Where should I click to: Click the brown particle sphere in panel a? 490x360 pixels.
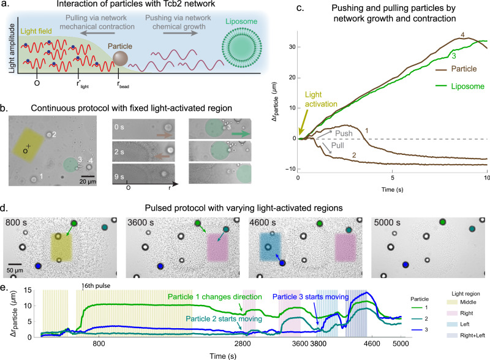pyautogui.click(x=120, y=58)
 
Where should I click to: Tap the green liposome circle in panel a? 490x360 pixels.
pyautogui.click(x=241, y=48)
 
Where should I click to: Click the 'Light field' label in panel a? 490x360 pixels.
pyautogui.click(x=36, y=31)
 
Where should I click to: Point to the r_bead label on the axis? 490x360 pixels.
pyautogui.click(x=123, y=84)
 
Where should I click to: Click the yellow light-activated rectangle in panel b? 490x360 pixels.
pyautogui.click(x=28, y=144)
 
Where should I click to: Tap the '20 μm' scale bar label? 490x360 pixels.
pyautogui.click(x=88, y=182)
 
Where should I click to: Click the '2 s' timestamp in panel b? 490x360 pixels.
pyautogui.click(x=119, y=152)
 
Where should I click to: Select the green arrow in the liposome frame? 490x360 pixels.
pyautogui.click(x=241, y=133)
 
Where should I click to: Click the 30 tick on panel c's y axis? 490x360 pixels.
pyautogui.click(x=292, y=47)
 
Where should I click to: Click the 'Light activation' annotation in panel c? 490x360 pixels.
pyautogui.click(x=321, y=99)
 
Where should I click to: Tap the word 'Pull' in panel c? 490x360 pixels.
pyautogui.click(x=337, y=145)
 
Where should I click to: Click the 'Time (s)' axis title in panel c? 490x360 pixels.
pyautogui.click(x=392, y=189)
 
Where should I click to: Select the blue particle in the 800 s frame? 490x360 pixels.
pyautogui.click(x=39, y=266)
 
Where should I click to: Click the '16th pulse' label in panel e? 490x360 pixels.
pyautogui.click(x=96, y=286)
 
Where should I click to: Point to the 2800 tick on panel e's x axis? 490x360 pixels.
pyautogui.click(x=243, y=343)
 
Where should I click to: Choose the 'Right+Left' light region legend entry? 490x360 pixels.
pyautogui.click(x=466, y=336)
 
